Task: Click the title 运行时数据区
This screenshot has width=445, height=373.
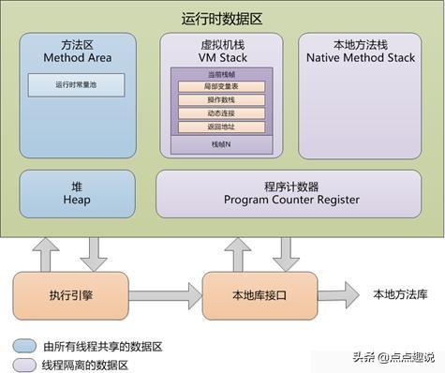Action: coord(222,18)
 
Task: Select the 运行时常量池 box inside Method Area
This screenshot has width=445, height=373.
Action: coord(77,85)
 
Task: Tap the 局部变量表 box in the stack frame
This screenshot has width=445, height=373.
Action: coord(221,87)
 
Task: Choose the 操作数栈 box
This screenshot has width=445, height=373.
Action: coord(221,100)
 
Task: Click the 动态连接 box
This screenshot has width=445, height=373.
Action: coord(221,113)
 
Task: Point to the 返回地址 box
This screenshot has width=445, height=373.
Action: coord(221,127)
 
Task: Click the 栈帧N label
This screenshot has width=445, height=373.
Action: coord(221,144)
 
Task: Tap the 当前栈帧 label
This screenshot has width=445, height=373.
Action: coord(221,73)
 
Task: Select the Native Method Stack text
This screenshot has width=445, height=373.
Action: coord(360,58)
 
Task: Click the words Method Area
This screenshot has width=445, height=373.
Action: coord(77,58)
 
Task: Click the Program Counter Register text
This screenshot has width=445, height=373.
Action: coord(290,199)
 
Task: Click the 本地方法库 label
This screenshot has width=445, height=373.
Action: coord(400,294)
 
